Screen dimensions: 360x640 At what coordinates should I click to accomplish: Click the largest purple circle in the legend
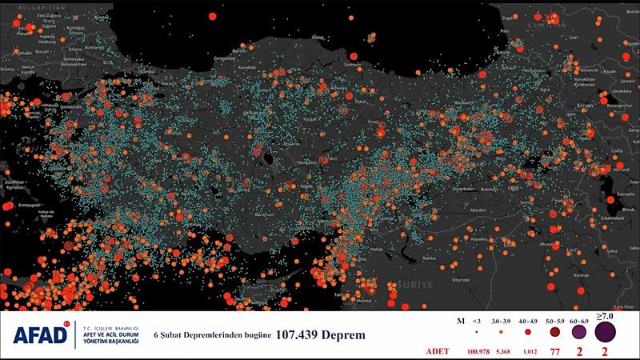[x=605, y=331]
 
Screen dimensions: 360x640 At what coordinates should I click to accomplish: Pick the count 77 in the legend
[x=553, y=350]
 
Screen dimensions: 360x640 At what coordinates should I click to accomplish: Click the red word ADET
[x=438, y=350]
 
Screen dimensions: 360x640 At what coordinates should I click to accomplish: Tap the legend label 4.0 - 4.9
[x=527, y=321]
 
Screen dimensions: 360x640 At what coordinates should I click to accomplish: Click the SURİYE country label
[x=417, y=284]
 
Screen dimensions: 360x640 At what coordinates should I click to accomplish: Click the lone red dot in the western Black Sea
[x=212, y=15]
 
